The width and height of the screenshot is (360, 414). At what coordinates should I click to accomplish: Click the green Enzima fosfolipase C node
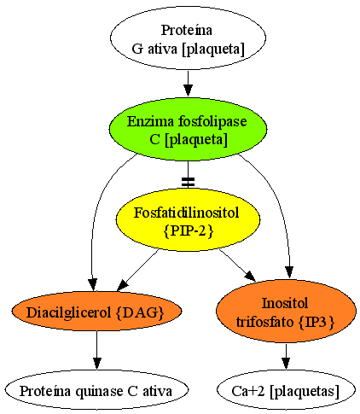tap(188, 130)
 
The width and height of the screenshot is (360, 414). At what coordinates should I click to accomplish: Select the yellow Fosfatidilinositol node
tap(188, 219)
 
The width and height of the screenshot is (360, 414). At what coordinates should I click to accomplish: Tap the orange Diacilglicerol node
tap(96, 311)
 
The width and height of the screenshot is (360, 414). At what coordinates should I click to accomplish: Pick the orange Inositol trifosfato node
tap(286, 311)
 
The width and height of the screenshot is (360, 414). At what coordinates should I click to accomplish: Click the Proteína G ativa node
tap(188, 38)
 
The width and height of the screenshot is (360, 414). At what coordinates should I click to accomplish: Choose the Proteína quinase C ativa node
tap(96, 390)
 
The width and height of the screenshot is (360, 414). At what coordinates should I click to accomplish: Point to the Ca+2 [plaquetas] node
tap(286, 390)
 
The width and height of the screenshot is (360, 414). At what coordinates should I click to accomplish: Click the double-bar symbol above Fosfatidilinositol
tap(188, 183)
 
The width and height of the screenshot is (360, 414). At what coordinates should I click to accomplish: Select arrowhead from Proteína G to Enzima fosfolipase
tap(188, 90)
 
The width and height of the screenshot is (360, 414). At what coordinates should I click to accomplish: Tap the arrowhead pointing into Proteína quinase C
tap(96, 364)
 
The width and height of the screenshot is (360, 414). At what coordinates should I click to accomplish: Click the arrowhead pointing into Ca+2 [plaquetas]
tap(286, 364)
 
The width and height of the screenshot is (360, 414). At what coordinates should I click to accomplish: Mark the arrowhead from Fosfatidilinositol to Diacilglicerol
tap(124, 285)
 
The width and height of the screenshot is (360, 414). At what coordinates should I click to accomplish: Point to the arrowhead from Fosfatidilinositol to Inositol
tap(251, 276)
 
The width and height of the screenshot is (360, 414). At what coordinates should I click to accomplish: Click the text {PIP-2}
tap(189, 230)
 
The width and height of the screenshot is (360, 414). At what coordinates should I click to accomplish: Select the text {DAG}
tap(141, 312)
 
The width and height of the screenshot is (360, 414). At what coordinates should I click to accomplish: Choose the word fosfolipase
tap(212, 122)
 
